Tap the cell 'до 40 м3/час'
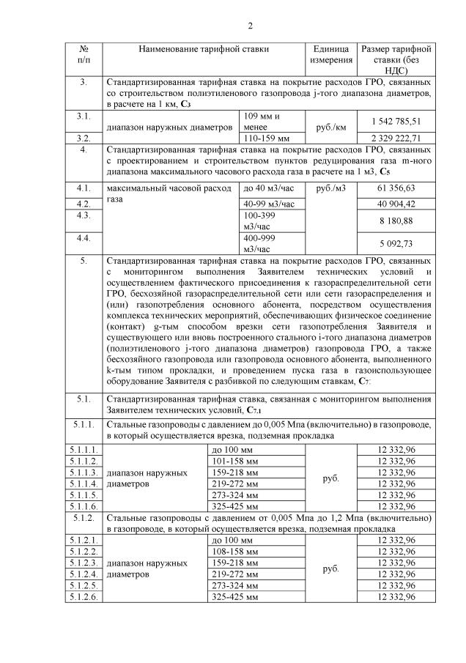(x=269, y=189)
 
